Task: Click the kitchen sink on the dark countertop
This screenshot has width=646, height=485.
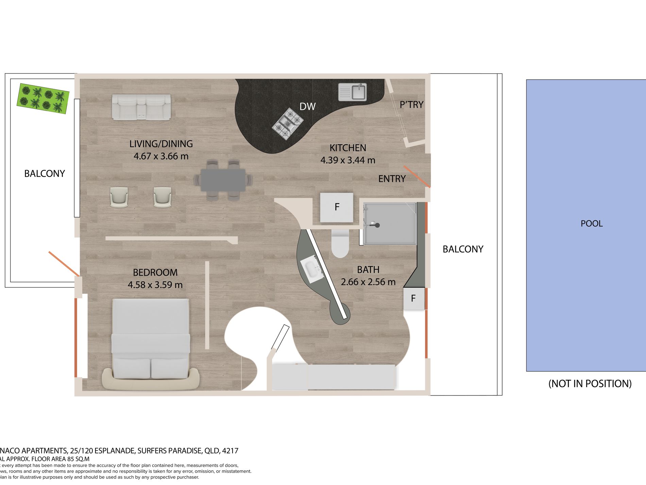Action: tap(353, 92)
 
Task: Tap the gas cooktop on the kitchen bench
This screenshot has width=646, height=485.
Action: tap(288, 124)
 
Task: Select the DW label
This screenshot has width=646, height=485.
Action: tap(307, 107)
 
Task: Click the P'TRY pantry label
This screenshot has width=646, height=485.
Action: tap(411, 104)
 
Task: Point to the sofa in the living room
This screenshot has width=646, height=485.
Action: tap(141, 107)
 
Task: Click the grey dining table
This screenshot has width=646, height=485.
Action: tap(223, 180)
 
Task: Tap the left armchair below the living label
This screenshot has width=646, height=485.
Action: tap(119, 197)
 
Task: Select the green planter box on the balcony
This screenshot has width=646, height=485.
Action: tap(43, 98)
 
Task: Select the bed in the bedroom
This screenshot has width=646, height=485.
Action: tap(151, 340)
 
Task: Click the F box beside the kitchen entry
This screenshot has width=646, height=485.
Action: tap(337, 207)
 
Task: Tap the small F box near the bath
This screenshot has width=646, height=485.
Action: tap(413, 298)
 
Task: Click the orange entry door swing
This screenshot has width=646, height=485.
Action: tap(417, 177)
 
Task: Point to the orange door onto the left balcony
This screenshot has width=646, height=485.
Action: tap(64, 264)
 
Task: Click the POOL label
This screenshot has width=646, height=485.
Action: tap(591, 224)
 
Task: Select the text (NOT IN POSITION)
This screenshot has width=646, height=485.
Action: tap(590, 384)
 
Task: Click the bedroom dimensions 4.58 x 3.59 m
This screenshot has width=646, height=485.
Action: tap(155, 285)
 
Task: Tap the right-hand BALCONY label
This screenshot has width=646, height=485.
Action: tap(463, 249)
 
